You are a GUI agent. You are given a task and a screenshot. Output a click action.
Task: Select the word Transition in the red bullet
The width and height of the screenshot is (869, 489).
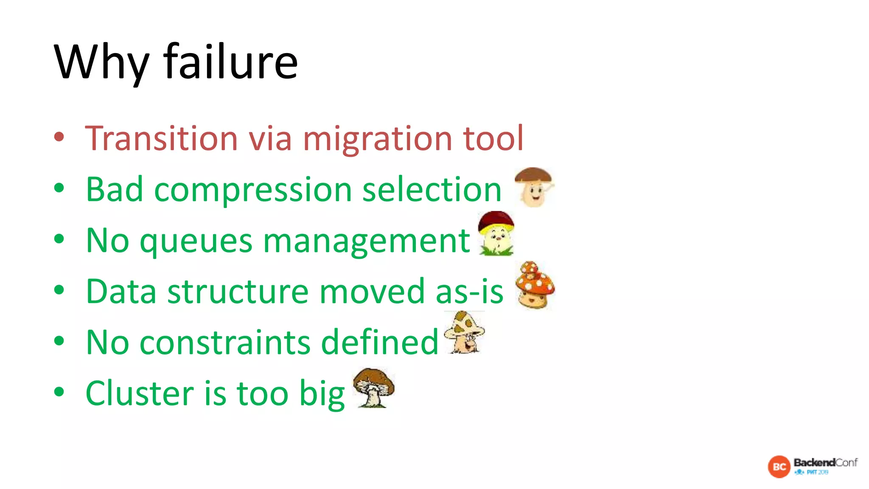point(161,138)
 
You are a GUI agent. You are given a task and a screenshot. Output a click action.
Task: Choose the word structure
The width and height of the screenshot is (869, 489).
point(238,292)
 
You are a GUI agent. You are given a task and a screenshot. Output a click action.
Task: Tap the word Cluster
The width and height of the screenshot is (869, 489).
point(140,393)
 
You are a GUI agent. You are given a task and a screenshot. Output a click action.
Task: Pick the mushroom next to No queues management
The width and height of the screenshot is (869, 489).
point(496,233)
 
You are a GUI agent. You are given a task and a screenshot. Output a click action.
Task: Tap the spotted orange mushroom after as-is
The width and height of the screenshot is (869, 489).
point(535,285)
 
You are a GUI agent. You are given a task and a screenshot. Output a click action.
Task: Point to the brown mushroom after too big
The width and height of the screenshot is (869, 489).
point(373,387)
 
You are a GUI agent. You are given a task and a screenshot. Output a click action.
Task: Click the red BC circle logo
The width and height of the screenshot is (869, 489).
point(779,467)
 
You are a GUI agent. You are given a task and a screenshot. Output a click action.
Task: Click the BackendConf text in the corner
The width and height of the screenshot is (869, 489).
point(825,463)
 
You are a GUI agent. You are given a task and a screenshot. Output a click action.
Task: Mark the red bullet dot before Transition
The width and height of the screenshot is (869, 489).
point(59,137)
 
